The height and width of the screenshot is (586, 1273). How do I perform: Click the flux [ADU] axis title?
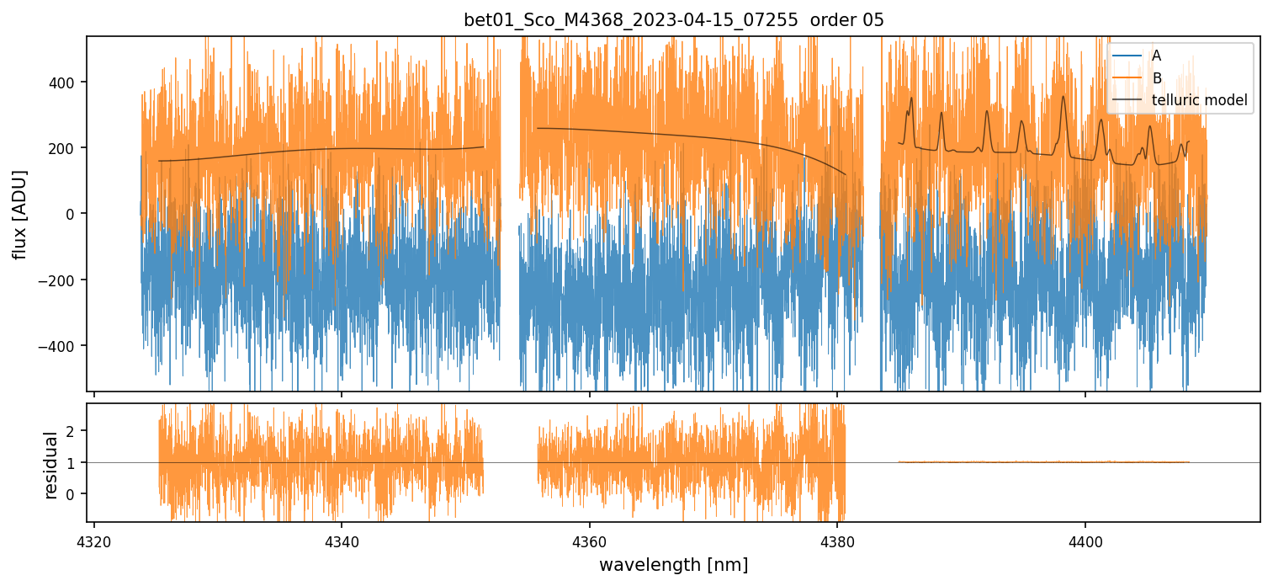19,214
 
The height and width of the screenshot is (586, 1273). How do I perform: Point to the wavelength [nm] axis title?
673,564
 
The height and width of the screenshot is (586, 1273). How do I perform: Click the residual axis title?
51,465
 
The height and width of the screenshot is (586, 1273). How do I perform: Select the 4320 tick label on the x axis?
93,540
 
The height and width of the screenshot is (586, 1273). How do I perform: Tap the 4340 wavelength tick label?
341,540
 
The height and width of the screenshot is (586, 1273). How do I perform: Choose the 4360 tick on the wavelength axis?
589,540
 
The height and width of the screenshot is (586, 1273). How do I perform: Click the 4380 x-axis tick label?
837,540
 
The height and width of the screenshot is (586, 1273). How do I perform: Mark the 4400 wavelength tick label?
1085,540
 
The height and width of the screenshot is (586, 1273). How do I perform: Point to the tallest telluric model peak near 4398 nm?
1063,97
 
